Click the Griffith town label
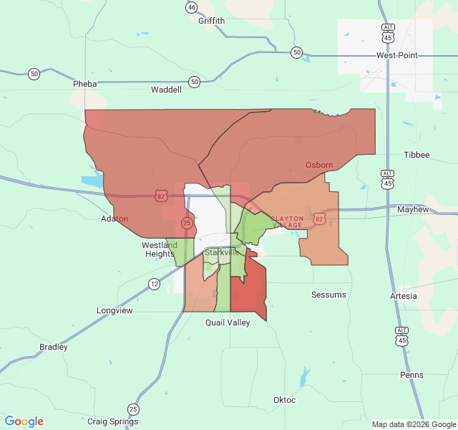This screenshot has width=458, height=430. pyautogui.click(x=211, y=21)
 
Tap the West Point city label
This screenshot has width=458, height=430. pyautogui.click(x=396, y=55)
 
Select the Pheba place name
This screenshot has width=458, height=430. pyautogui.click(x=84, y=84)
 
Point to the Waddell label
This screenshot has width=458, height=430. pyautogui.click(x=167, y=90)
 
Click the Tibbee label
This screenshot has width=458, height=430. pyautogui.click(x=416, y=155)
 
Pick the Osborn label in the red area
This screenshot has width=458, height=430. pyautogui.click(x=319, y=165)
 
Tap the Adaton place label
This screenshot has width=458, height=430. pyautogui.click(x=114, y=219)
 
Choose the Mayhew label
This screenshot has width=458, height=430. pyautogui.click(x=412, y=209)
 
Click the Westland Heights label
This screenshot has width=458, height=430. pyautogui.click(x=159, y=249)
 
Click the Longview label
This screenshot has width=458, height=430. pyautogui.click(x=114, y=310)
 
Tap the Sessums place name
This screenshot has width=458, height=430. pyautogui.click(x=328, y=295)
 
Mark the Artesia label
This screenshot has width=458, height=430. pyautogui.click(x=403, y=296)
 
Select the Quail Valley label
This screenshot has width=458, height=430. pyautogui.click(x=228, y=322)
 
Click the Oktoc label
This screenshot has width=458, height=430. pyautogui.click(x=284, y=400)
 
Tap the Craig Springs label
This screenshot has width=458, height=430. pyautogui.click(x=112, y=421)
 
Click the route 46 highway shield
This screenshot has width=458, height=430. pyautogui.click(x=191, y=7)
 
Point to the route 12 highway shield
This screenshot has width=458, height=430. pyautogui.click(x=155, y=284)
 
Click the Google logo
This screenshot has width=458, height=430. pyautogui.click(x=24, y=421)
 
